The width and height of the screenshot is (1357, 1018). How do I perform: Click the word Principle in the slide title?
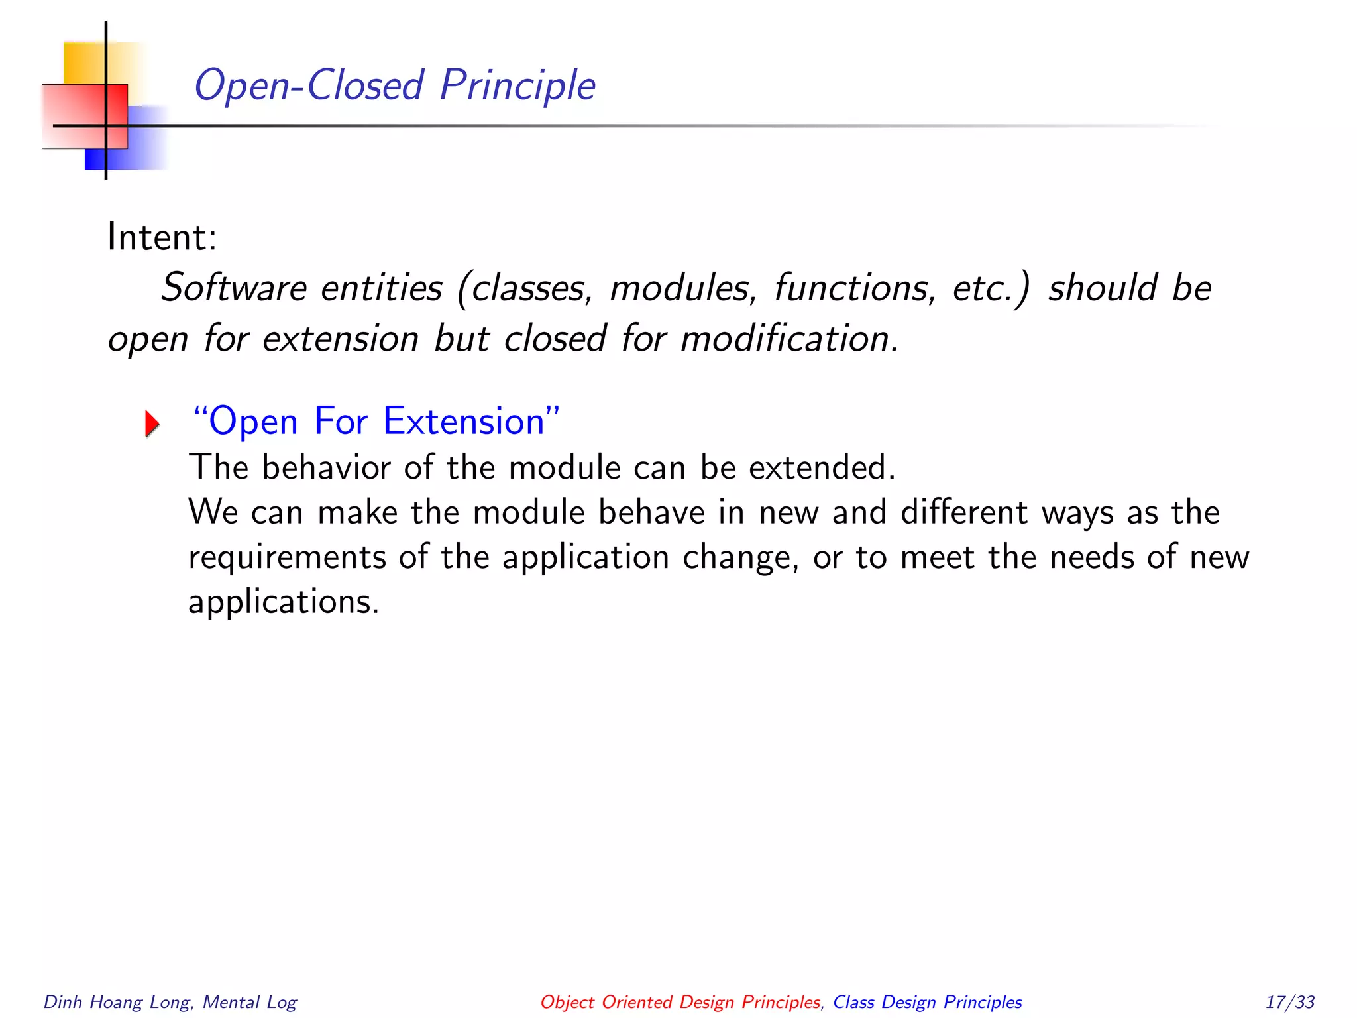517,86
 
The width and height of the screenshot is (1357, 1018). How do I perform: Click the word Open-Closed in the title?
309,86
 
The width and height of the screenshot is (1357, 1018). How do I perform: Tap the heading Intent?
162,237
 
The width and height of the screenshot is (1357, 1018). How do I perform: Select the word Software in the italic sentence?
234,288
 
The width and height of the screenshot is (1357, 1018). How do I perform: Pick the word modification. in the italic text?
789,339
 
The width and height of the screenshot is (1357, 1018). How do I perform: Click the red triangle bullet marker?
152,424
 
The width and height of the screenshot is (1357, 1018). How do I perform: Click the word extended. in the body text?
822,467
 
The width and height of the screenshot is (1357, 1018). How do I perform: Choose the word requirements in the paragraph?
287,557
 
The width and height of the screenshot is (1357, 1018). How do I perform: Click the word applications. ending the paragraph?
284,602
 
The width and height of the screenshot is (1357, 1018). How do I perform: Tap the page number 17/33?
1289,1002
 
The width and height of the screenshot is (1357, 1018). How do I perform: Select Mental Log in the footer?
250,1002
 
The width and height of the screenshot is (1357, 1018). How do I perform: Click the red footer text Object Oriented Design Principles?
680,1002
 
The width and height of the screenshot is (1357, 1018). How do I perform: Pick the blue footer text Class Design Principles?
927,1002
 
